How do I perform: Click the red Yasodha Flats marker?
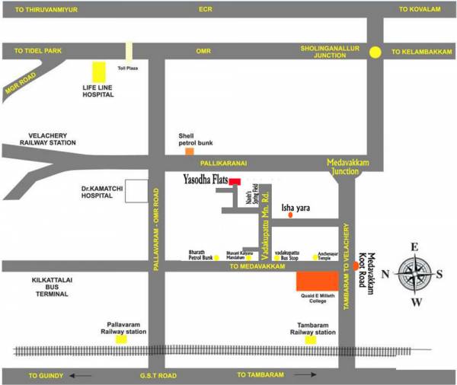pos(235,182)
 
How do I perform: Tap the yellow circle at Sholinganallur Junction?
pos(375,52)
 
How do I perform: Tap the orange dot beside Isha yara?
pos(289,216)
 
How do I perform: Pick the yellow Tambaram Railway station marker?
pos(311,339)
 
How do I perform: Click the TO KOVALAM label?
pos(420,10)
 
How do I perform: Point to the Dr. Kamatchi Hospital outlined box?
pos(136,192)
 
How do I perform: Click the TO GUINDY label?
pos(45,375)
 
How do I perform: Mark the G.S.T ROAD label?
pos(158,375)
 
